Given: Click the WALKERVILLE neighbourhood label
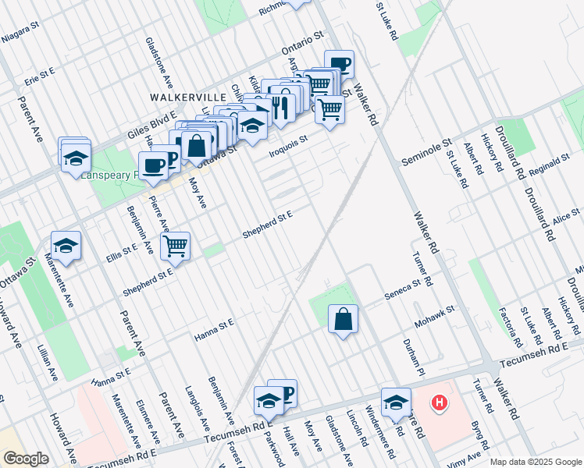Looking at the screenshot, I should pos(187,97).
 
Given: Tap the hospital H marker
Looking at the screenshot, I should pos(440,402).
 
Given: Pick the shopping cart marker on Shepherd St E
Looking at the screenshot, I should pos(176,246).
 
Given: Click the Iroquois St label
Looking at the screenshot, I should pos(288,144).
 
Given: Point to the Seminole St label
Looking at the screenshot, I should pos(426,151).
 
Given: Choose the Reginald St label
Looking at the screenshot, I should pos(550,166).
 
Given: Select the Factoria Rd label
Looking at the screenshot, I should pos(511,327).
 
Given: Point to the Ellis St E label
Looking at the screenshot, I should pos(122,250).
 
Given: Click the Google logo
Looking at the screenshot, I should pos(26,458).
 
